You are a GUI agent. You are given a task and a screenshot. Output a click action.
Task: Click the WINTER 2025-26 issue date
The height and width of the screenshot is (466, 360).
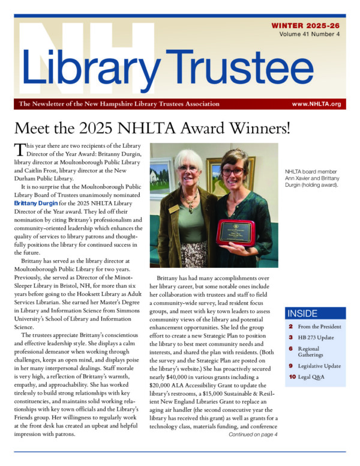click(306, 26)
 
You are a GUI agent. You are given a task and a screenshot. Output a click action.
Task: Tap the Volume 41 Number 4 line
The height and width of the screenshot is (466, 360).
click(310, 34)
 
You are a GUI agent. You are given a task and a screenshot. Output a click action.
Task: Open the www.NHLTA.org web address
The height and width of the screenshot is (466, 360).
click(316, 104)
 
